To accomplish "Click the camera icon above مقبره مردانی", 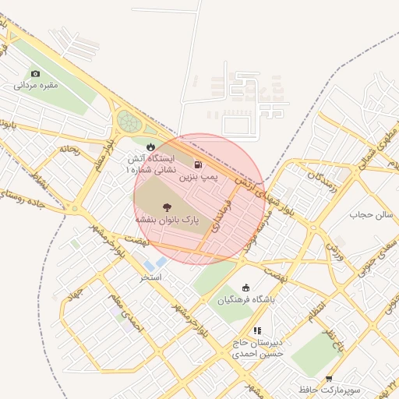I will tap(35, 73).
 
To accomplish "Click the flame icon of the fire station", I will tap(150, 146).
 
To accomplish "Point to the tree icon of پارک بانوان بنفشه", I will tap(167, 207).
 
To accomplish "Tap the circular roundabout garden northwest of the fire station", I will tap(127, 122).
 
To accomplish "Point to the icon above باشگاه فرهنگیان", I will tap(247, 287).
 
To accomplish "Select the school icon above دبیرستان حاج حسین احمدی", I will tap(257, 330).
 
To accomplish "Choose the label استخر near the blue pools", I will tap(150, 277).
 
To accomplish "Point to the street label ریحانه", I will tap(69, 147).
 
